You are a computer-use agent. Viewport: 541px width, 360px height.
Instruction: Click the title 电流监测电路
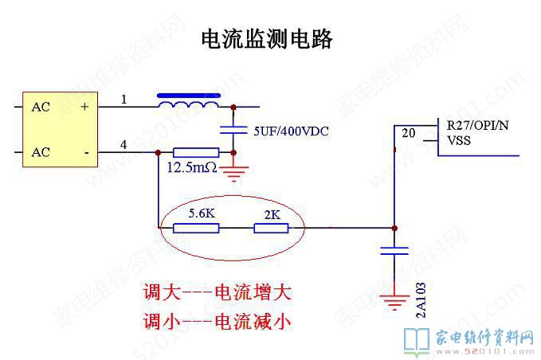(x=265, y=39)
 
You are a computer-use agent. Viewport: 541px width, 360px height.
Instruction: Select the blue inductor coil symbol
(x=189, y=104)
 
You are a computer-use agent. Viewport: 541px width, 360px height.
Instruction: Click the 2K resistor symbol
(x=271, y=228)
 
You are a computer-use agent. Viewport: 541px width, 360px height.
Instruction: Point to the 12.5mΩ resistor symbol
(x=195, y=151)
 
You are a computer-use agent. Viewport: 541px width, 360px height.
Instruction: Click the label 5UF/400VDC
(x=291, y=130)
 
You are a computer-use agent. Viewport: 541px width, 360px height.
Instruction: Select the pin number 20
(x=408, y=132)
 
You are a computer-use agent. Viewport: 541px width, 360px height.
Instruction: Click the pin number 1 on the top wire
(x=123, y=100)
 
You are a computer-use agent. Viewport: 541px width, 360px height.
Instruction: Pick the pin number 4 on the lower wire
(x=123, y=144)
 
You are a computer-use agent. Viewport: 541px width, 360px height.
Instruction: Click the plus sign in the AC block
(x=84, y=106)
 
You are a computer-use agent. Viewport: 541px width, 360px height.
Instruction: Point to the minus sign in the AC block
(x=84, y=151)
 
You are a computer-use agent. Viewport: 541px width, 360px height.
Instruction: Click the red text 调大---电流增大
(x=217, y=292)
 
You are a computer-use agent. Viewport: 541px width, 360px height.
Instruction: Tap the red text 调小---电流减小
(x=217, y=321)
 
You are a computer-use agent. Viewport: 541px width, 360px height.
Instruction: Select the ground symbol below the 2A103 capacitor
(x=394, y=301)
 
